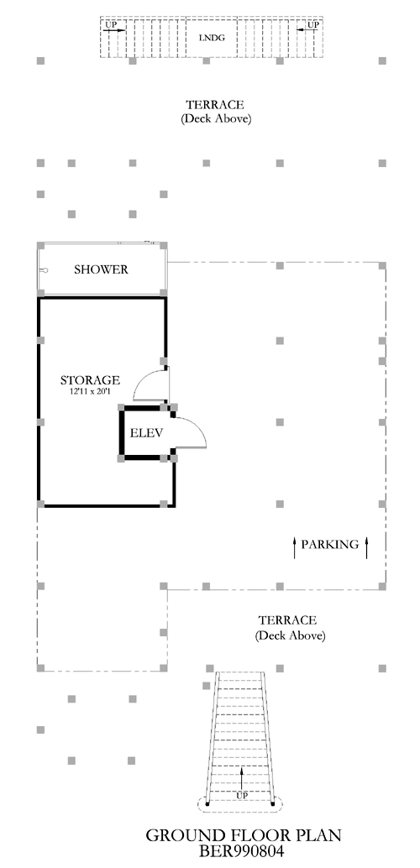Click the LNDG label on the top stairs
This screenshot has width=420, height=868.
(x=211, y=39)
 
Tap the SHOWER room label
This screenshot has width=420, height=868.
(x=101, y=269)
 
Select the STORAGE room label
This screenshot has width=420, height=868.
(x=90, y=380)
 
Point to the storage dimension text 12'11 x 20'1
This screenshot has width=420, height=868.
(x=90, y=391)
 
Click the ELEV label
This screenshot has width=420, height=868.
(x=146, y=433)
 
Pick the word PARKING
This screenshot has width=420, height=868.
(x=329, y=544)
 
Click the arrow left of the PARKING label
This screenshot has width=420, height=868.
(x=295, y=547)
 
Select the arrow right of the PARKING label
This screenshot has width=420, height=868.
(x=366, y=547)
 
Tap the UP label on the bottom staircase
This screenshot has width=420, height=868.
(x=242, y=796)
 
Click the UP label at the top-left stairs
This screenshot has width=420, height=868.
(x=111, y=24)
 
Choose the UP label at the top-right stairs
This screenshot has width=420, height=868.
(x=313, y=24)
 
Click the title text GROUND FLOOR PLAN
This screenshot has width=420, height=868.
(x=244, y=835)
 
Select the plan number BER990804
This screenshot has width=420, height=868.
(x=242, y=850)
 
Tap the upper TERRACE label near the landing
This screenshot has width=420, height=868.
(x=215, y=105)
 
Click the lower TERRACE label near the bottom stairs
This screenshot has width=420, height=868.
(x=287, y=620)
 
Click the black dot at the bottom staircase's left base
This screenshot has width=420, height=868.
(x=207, y=803)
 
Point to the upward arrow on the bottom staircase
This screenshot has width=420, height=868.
(x=242, y=779)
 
